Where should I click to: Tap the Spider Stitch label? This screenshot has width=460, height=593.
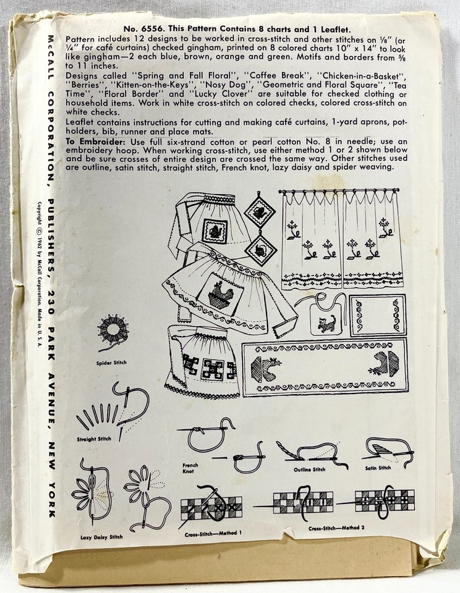[x=112, y=363]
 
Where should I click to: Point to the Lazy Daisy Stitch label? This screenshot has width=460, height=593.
[x=101, y=537]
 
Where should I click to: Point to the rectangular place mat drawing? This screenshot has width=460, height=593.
[x=377, y=315]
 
